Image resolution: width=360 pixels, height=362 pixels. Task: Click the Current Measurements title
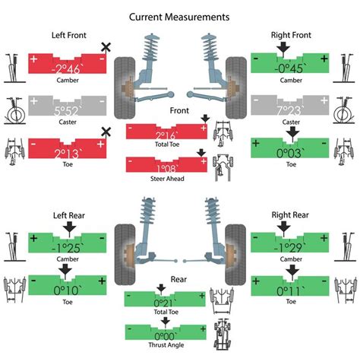[x=180, y=16]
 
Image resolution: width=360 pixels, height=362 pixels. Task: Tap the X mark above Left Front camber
[x=106, y=47]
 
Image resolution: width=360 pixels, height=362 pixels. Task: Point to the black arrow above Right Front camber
[x=286, y=48]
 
